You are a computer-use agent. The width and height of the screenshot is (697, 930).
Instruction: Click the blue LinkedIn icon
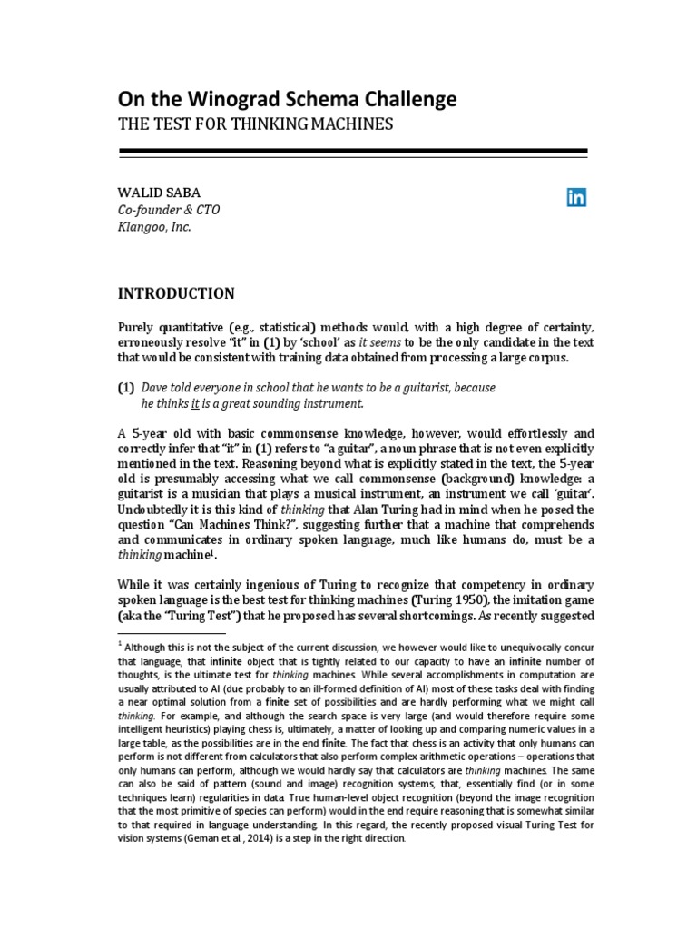pos(576,198)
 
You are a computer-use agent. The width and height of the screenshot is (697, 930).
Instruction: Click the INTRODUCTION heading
pos(177,293)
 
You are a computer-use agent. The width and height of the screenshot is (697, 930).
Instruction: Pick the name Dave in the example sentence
pos(157,388)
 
